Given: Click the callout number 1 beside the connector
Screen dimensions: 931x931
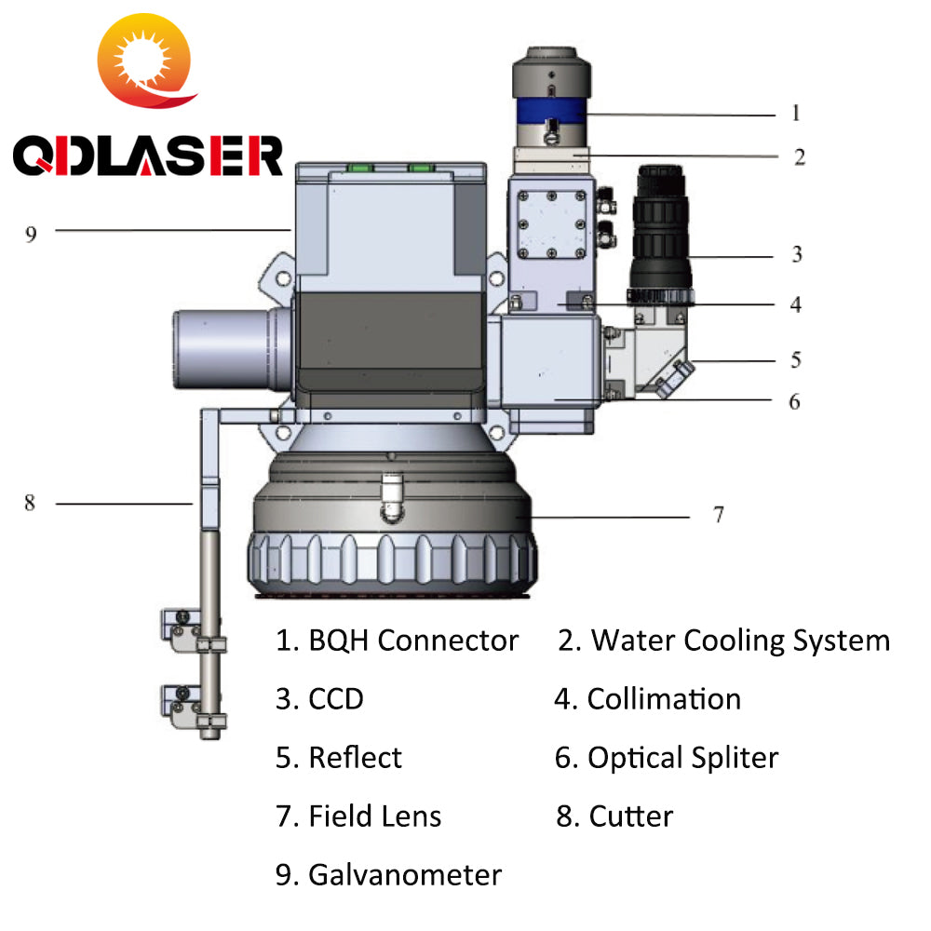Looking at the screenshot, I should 796,114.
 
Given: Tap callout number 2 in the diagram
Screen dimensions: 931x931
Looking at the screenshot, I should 800,156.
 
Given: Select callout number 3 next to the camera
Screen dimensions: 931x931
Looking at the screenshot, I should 797,253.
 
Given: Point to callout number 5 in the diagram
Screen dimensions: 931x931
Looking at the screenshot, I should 796,359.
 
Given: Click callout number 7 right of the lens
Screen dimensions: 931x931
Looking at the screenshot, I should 718,515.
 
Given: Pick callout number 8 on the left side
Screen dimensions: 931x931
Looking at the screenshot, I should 30,503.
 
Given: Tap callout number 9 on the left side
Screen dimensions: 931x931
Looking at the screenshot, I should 31,233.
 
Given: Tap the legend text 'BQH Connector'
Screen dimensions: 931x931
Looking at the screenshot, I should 412,641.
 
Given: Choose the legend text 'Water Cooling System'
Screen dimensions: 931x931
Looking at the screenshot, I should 740,641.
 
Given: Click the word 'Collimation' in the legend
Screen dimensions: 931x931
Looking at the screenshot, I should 664,699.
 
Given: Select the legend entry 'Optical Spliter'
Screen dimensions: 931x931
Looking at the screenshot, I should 681,758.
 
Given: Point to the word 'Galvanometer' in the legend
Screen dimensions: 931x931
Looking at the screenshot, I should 404,875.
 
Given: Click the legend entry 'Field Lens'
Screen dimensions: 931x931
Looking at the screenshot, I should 374,816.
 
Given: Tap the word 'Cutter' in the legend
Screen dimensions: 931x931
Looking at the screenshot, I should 630,816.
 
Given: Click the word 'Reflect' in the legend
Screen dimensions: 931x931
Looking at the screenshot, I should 355,758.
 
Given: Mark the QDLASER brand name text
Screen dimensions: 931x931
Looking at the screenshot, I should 147,156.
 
